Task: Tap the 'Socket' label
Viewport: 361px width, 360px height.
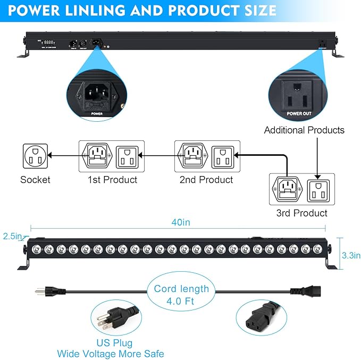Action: tap(35, 180)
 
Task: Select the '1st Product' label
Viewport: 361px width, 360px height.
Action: tap(112, 180)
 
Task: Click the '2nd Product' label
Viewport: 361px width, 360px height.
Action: tap(206, 180)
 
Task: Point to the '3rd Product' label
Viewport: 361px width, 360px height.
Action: tap(301, 213)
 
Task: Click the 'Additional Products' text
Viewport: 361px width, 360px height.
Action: tap(304, 130)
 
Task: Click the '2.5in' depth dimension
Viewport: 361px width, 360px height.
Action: tap(12, 236)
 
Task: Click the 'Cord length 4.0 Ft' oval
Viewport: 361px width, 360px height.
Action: tap(181, 294)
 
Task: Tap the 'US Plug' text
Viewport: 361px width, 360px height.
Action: tap(115, 343)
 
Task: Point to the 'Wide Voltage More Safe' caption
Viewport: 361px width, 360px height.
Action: tap(111, 354)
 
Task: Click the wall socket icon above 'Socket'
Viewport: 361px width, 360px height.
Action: tap(36, 155)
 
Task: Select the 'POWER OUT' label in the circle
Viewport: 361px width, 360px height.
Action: tap(299, 113)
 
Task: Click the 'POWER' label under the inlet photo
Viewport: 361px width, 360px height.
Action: tap(97, 113)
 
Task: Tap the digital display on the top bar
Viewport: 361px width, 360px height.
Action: tap(49, 43)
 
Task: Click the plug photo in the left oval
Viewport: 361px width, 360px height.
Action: tap(113, 319)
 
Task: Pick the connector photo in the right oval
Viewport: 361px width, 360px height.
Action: tap(261, 318)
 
